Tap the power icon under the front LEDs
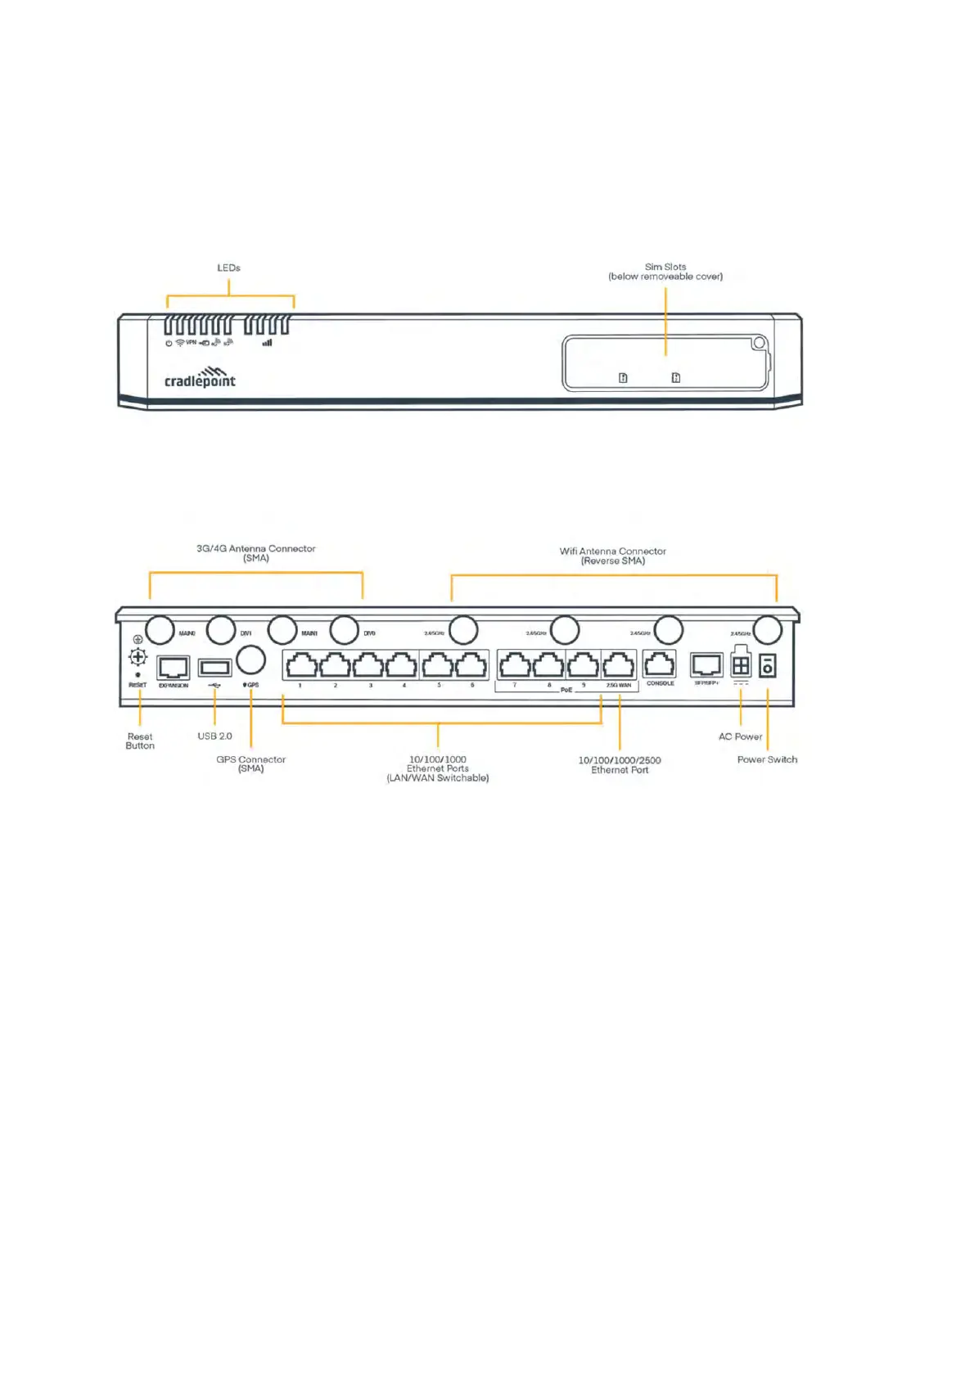point(169,344)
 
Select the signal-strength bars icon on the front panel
point(267,343)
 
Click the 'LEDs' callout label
point(228,268)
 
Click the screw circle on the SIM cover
point(759,343)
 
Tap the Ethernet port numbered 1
point(301,665)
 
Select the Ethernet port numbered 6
point(471,665)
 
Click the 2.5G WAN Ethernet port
point(619,665)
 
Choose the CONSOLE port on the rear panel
point(660,664)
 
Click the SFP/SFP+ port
point(706,664)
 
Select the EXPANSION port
point(174,667)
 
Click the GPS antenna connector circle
point(250,660)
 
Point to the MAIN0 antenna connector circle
point(160,630)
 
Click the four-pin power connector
point(741,665)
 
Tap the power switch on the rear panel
point(768,665)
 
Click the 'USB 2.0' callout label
point(214,736)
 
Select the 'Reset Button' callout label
point(140,741)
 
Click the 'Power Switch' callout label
point(767,760)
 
